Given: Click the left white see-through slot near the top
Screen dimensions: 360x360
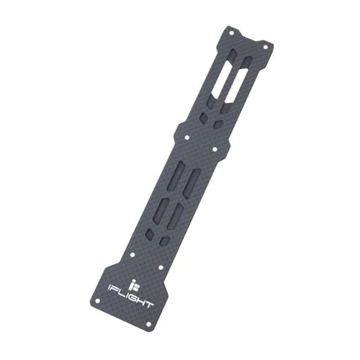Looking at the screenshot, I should tap(222, 72).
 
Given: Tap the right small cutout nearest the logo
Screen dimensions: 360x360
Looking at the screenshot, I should tap(165, 241).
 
